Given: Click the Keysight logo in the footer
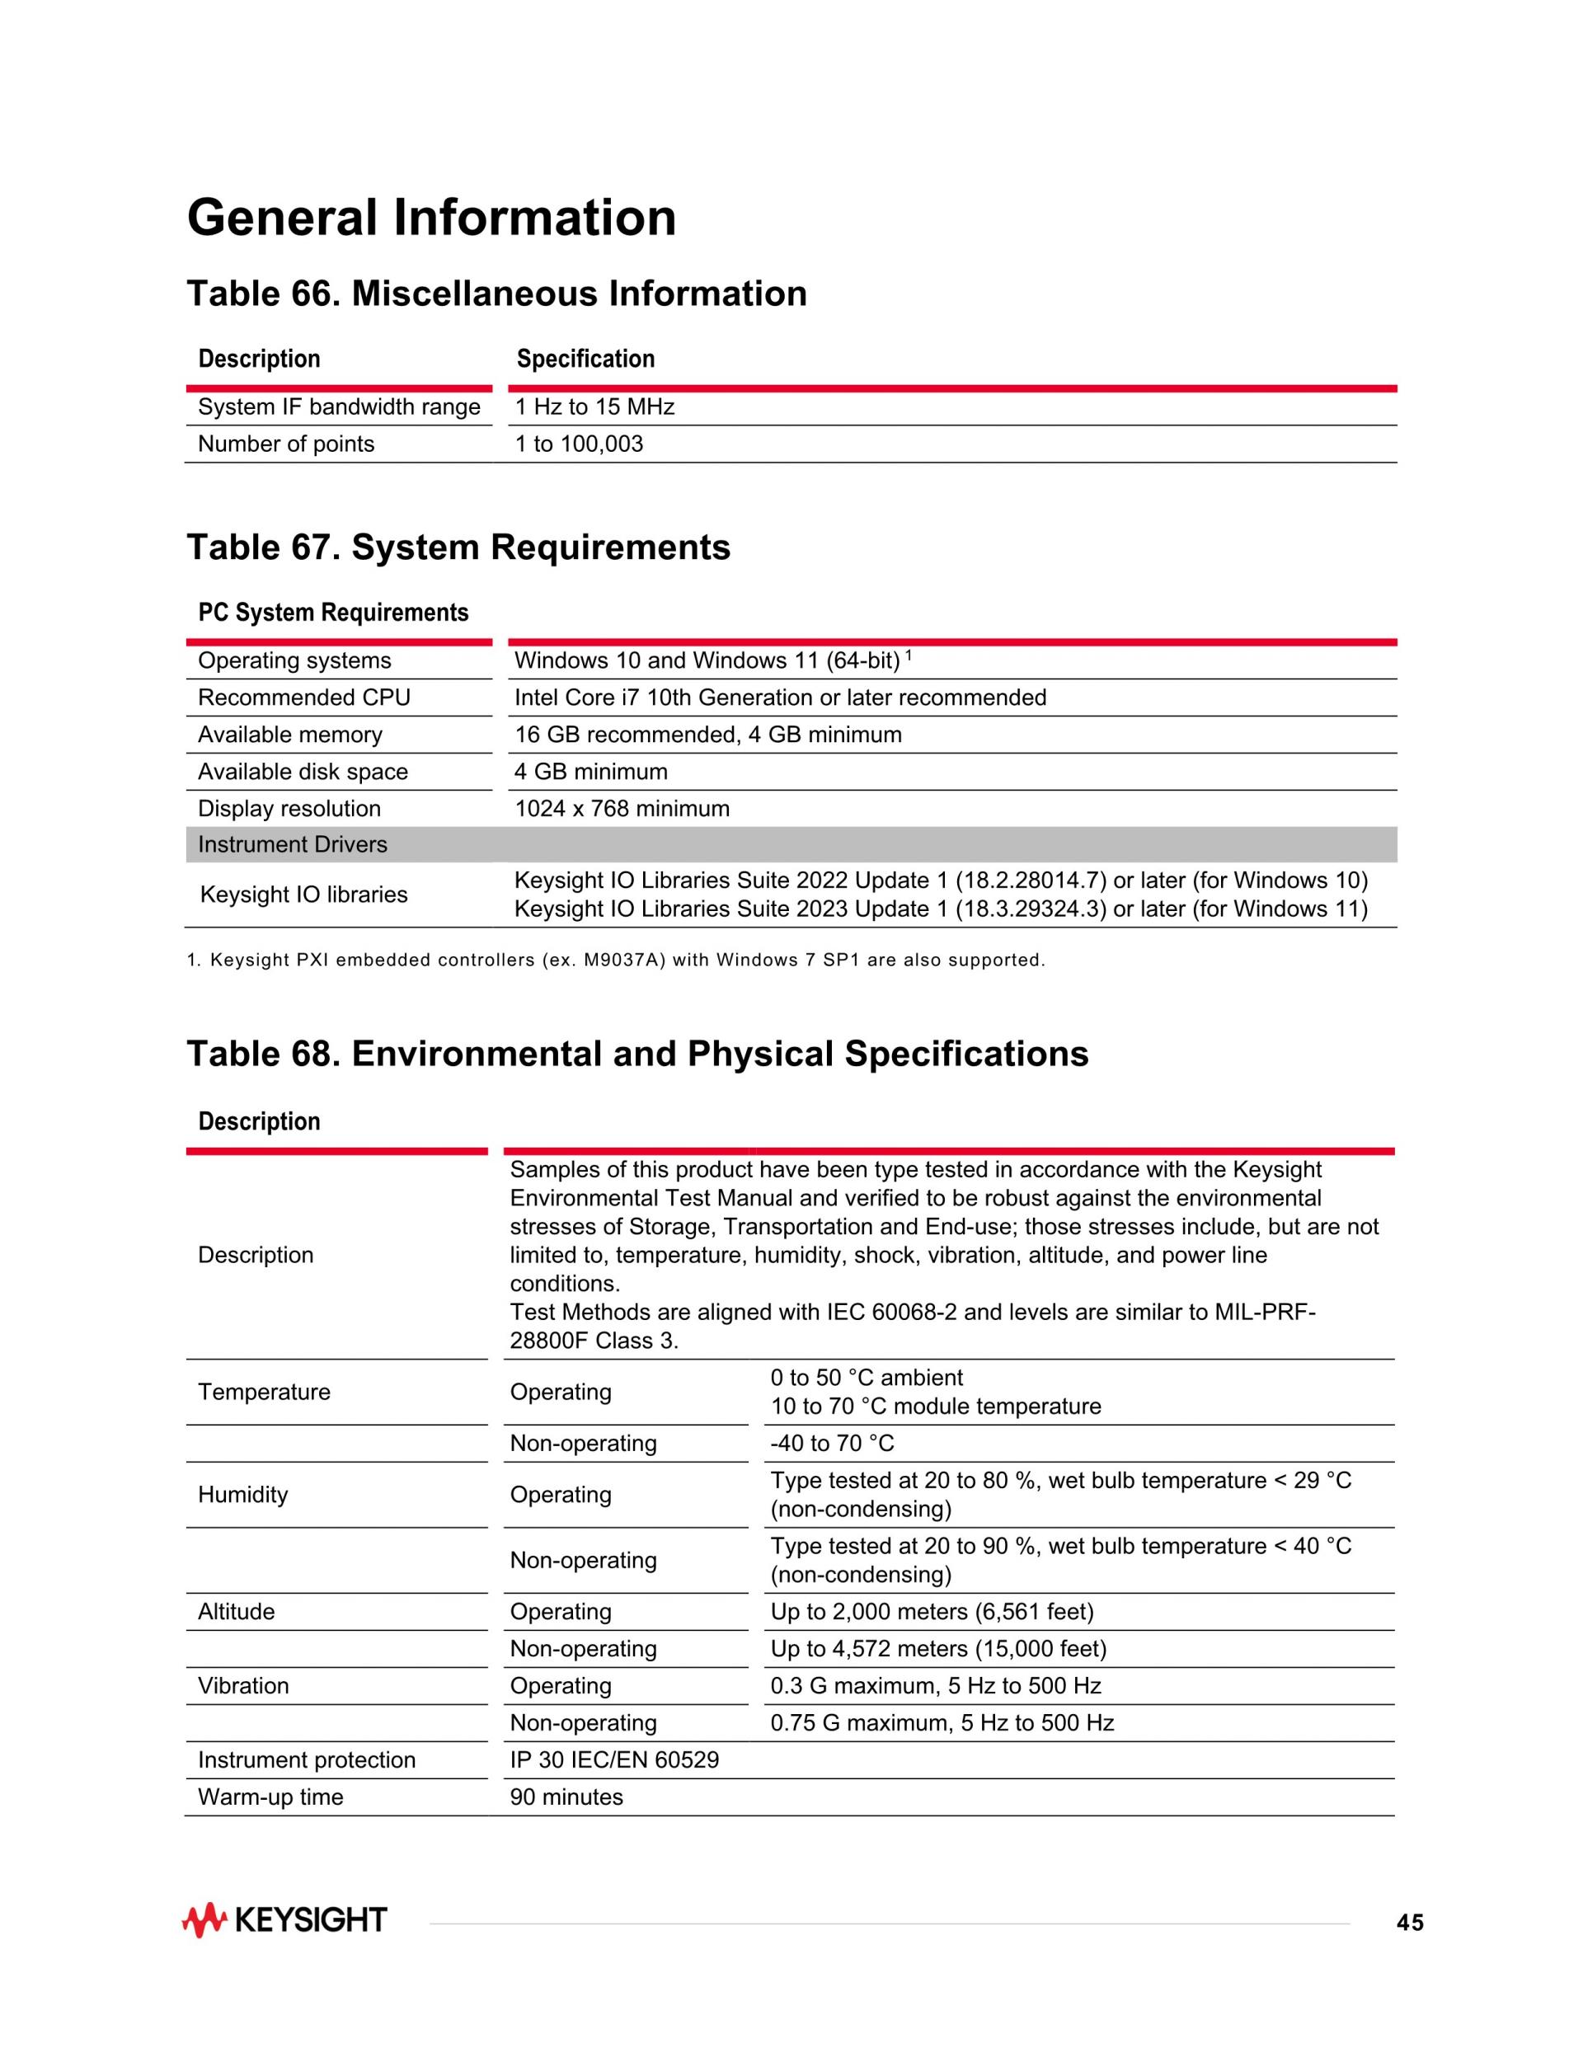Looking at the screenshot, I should tap(284, 1920).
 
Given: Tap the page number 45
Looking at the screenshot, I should tap(1410, 1924).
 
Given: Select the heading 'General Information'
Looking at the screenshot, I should tap(431, 218).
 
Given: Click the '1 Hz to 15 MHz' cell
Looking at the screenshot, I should tap(594, 407).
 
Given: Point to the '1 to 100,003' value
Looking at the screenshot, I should tap(579, 444).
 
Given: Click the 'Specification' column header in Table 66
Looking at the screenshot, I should tap(585, 359).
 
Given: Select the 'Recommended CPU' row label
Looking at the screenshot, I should tap(304, 698).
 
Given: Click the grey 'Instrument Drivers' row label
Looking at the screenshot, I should tap(293, 845).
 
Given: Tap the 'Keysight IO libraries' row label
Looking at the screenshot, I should tap(304, 895).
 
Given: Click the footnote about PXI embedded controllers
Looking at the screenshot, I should tap(615, 961).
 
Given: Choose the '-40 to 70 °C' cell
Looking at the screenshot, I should tap(832, 1443).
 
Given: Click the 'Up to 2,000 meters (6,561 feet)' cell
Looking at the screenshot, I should tap(931, 1611).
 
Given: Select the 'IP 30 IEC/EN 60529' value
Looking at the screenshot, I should tap(614, 1759).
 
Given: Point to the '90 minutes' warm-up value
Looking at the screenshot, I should tap(566, 1797).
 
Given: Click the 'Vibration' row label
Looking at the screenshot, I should tap(243, 1685).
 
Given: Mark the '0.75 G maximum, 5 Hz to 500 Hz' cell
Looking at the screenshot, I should tap(942, 1722).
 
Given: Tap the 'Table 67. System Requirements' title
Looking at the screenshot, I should tap(458, 547).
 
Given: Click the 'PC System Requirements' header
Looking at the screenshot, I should tap(333, 613).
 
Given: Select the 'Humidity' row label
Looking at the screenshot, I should tap(243, 1495).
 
